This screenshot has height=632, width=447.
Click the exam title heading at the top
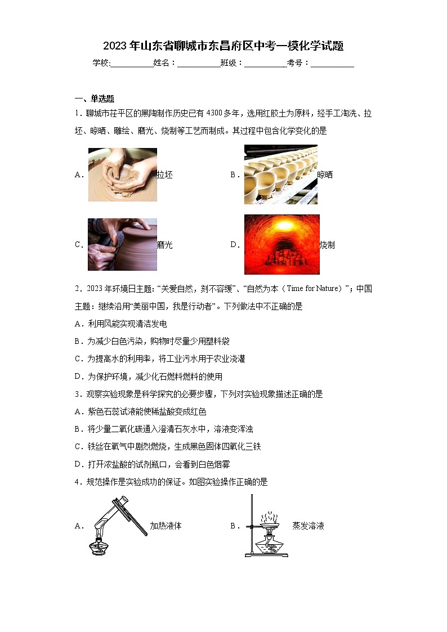coord(223,46)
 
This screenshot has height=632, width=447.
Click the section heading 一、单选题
coord(95,98)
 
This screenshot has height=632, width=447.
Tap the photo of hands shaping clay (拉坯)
coord(122,174)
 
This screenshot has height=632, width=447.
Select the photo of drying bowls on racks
coord(280,174)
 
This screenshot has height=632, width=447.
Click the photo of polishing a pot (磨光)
coord(122,245)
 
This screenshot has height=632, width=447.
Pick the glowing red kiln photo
coord(281,244)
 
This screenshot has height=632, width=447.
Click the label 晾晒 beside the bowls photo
coord(325,175)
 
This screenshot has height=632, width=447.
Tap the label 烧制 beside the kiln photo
coord(327,245)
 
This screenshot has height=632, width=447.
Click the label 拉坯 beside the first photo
coord(165,175)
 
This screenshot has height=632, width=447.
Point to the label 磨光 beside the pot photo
coord(165,245)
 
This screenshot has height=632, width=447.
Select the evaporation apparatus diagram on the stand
coord(266,526)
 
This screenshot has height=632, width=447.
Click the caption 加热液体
coord(166,526)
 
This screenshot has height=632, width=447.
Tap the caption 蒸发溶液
coord(308,526)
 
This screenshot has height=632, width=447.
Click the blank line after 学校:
coord(132,64)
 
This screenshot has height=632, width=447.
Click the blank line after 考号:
coord(332,64)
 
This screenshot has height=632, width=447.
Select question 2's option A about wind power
coord(120,324)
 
